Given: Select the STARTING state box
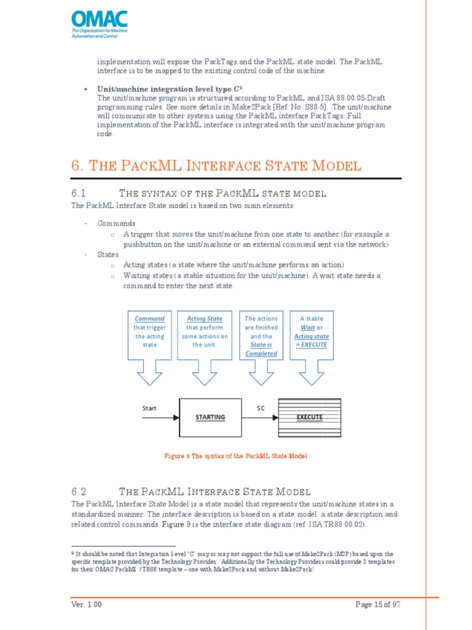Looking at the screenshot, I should click(x=210, y=417).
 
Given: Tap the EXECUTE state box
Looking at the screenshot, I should click(x=309, y=417).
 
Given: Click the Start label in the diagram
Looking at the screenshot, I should click(x=149, y=408).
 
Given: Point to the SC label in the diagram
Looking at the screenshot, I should click(x=261, y=408).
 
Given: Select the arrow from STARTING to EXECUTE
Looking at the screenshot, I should click(x=259, y=417).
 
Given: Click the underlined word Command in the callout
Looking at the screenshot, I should click(x=149, y=319).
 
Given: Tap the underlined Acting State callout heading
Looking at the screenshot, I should click(x=205, y=319).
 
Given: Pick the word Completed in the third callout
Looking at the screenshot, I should click(x=261, y=354).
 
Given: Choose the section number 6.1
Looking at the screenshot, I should click(x=79, y=194).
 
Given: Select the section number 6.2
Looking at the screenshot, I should click(x=79, y=492).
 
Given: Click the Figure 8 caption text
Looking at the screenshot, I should click(x=235, y=456).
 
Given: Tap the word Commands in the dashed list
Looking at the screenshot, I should click(x=116, y=223).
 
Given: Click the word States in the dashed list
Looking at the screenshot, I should click(x=108, y=254).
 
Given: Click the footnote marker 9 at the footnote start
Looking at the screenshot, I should click(x=73, y=554).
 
